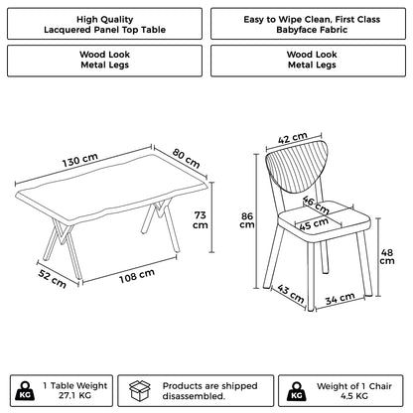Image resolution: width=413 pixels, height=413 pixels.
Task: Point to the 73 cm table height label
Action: (200, 218)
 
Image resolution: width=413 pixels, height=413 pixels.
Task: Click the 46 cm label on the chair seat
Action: (315, 205)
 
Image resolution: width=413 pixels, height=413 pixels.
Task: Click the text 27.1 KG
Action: (75, 394)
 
